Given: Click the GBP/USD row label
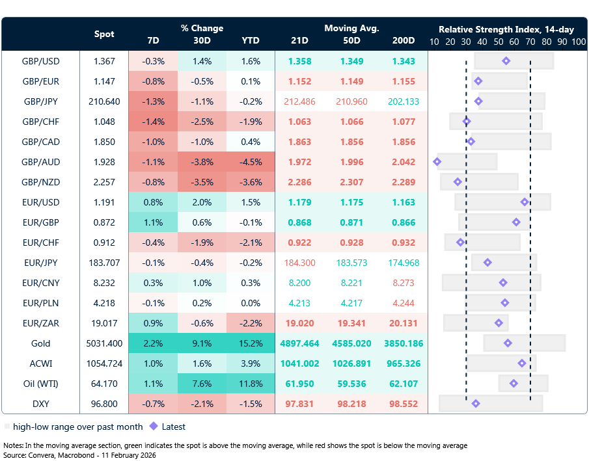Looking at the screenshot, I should tap(40, 61).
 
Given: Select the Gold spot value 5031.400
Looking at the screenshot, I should tap(104, 343).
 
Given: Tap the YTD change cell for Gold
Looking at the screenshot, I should tap(251, 343).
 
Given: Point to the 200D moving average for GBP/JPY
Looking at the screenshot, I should tap(403, 101).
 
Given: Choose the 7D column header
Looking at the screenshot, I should tap(154, 40).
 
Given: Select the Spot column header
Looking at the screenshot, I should tap(104, 34).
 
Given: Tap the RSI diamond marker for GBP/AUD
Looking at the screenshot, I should tap(437, 161).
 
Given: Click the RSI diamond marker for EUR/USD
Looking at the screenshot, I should tap(525, 202).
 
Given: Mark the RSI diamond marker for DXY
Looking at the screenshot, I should tap(476, 404).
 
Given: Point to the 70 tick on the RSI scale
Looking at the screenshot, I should tap(530, 41).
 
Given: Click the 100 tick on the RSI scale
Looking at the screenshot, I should tap(579, 41).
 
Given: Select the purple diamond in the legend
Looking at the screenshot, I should tap(154, 427).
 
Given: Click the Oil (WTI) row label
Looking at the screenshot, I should tap(40, 384).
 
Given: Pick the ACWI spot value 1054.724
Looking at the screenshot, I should tap(104, 363).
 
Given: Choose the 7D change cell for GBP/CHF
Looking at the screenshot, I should tap(154, 122).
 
